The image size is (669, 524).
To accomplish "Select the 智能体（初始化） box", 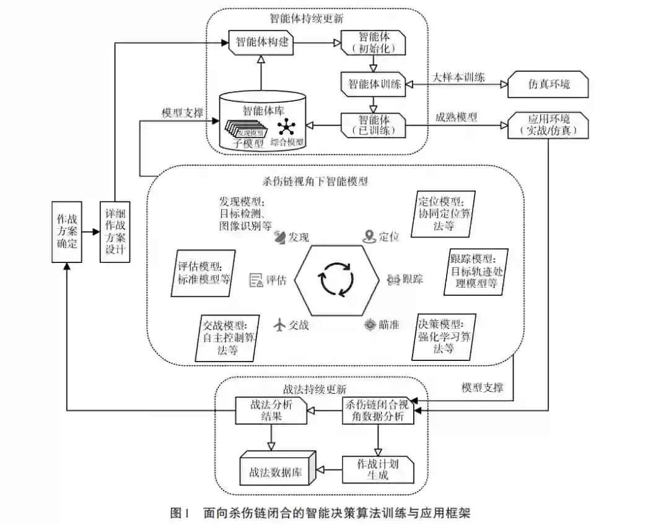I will click(x=374, y=43).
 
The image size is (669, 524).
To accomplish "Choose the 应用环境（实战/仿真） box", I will click(x=548, y=125).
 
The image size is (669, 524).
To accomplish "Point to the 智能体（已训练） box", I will click(x=374, y=125).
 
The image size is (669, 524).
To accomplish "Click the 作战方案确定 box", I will click(x=68, y=232).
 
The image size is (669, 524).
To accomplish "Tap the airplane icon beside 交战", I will click(x=281, y=324).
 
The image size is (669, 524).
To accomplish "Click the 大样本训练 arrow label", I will click(x=459, y=78).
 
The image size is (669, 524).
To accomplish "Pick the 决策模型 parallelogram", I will click(x=444, y=336).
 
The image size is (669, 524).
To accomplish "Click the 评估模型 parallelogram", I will click(x=200, y=272).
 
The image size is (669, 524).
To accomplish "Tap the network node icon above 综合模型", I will click(x=286, y=127).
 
